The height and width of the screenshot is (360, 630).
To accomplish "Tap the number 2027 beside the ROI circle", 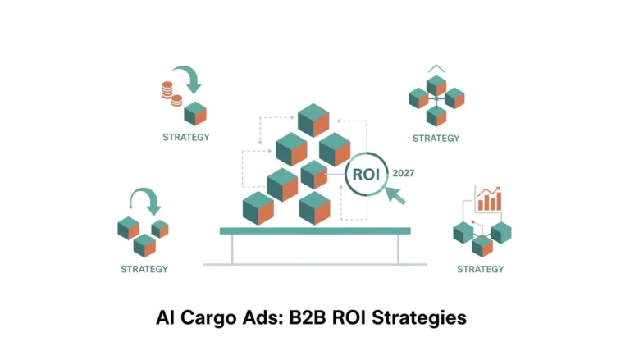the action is pyautogui.click(x=404, y=173).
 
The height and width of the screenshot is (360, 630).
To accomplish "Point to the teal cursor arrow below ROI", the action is pyautogui.click(x=395, y=196).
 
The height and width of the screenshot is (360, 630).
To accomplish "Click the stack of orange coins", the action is pyautogui.click(x=171, y=94).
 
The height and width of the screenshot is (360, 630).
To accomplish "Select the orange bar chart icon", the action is pyautogui.click(x=489, y=198).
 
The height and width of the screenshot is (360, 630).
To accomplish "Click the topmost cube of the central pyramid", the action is pyautogui.click(x=313, y=120).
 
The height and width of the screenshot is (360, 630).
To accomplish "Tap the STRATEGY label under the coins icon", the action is pyautogui.click(x=186, y=138).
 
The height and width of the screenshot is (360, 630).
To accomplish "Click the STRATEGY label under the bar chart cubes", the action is pyautogui.click(x=481, y=269).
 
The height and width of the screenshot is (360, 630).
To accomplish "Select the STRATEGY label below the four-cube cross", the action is pyautogui.click(x=436, y=139).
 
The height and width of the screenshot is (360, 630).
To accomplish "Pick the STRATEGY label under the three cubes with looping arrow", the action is pyautogui.click(x=144, y=269).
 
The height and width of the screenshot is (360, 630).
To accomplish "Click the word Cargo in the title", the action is pyautogui.click(x=208, y=318).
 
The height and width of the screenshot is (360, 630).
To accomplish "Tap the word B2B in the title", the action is pyautogui.click(x=307, y=317).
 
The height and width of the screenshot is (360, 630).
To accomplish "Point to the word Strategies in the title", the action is pyautogui.click(x=419, y=318).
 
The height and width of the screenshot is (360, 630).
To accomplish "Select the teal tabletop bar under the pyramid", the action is pyautogui.click(x=315, y=230).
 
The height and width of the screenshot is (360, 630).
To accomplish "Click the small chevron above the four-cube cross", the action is pyautogui.click(x=436, y=68).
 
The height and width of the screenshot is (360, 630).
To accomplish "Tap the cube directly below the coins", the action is pyautogui.click(x=195, y=114).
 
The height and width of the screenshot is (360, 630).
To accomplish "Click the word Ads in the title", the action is pyautogui.click(x=262, y=317).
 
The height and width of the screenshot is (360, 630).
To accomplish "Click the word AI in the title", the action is pyautogui.click(x=165, y=317).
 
